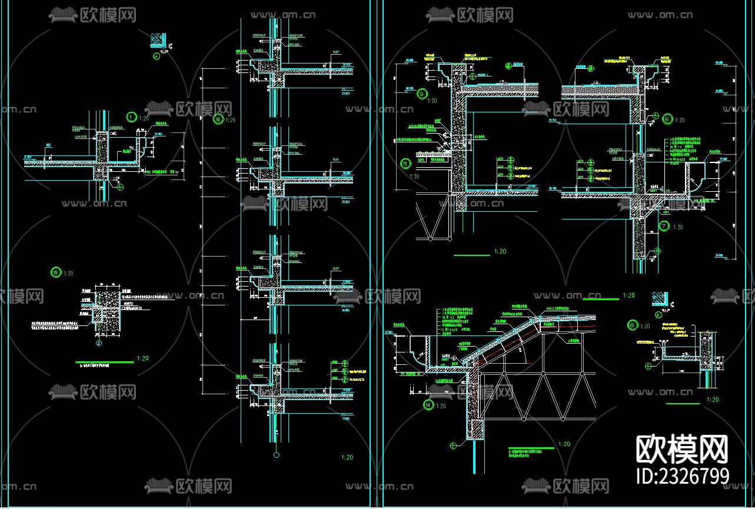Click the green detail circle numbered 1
click(x=131, y=117)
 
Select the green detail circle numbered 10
click(x=217, y=119)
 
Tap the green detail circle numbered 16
click(x=56, y=272)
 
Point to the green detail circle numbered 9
click(x=421, y=93)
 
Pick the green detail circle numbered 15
click(x=405, y=164)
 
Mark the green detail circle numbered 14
click(x=428, y=404)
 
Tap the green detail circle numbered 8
click(x=633, y=324)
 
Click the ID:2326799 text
click(x=683, y=475)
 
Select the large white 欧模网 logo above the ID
click(x=683, y=450)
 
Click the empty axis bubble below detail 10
click(x=276, y=455)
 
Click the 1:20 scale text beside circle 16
click(x=69, y=273)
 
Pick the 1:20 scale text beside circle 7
click(x=678, y=227)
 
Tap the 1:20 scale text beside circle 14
click(x=441, y=405)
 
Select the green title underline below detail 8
click(x=683, y=404)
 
